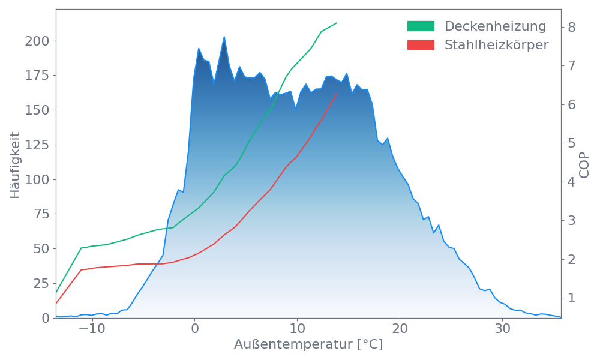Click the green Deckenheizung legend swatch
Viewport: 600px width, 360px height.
tap(421, 26)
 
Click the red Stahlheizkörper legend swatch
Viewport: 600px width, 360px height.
tap(421, 44)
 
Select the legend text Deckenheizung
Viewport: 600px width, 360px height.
tap(495, 26)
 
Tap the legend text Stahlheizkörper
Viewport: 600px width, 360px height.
tap(496, 45)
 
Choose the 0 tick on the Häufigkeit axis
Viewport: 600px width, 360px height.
tap(46, 318)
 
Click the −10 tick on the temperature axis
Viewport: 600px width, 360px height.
tap(92, 329)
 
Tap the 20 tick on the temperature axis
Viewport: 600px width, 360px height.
tap(400, 329)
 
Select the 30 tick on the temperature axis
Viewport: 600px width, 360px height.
tap(502, 329)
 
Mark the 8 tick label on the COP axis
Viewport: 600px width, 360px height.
tap(572, 27)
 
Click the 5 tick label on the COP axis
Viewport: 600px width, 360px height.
tap(572, 143)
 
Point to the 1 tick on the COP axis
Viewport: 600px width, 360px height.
tap(572, 298)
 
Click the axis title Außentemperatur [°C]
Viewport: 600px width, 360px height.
tap(308, 345)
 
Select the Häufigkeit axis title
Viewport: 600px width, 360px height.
tap(15, 165)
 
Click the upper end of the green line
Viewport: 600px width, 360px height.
tap(337, 23)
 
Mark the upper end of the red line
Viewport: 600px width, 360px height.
tap(337, 94)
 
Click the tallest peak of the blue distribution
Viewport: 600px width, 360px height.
tap(224, 37)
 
